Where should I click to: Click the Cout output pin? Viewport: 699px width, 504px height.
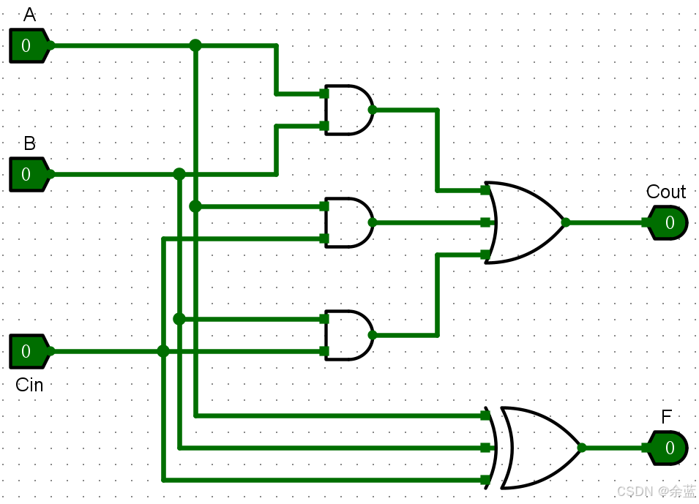[668, 222]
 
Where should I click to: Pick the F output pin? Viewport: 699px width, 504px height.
[668, 448]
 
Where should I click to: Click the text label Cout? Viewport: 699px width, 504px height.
[666, 192]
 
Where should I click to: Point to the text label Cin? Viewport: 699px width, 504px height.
[29, 385]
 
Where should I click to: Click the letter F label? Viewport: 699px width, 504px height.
[666, 418]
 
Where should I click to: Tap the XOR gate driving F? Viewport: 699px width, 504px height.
[542, 448]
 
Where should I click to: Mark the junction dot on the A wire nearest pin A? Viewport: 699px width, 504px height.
[195, 45]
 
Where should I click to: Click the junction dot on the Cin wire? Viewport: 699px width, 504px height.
[163, 351]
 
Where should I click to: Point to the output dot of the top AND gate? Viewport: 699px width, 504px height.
[372, 110]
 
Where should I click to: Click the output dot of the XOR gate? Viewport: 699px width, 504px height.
[582, 448]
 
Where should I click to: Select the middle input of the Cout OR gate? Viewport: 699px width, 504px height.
[485, 222]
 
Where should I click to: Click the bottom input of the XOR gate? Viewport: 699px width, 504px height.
[485, 480]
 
